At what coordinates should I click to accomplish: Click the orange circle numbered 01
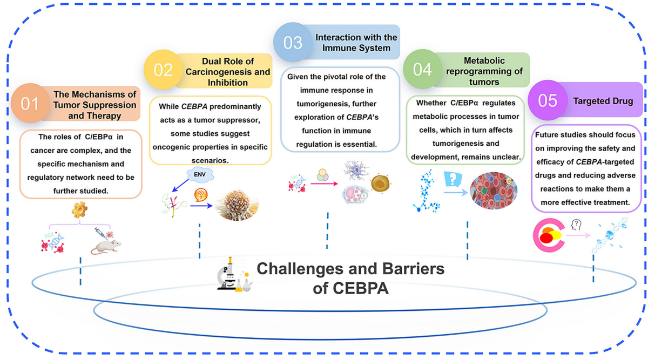pyautogui.click(x=30, y=103)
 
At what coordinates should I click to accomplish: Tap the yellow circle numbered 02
pyautogui.click(x=163, y=70)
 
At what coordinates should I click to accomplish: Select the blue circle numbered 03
pyautogui.click(x=293, y=42)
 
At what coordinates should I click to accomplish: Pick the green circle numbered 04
pyautogui.click(x=422, y=69)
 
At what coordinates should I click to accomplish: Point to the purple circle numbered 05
pyautogui.click(x=548, y=100)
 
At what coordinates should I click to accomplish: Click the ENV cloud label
pyautogui.click(x=200, y=175)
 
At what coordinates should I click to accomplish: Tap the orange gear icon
pyautogui.click(x=79, y=210)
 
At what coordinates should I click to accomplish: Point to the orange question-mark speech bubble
pyautogui.click(x=201, y=195)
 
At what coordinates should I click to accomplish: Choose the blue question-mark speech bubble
pyautogui.click(x=453, y=179)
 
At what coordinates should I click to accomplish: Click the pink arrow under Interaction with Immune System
pyautogui.click(x=324, y=184)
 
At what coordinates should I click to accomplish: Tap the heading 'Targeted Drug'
pyautogui.click(x=603, y=101)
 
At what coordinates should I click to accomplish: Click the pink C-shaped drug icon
pyautogui.click(x=548, y=235)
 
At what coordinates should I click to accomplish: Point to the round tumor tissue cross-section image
pyautogui.click(x=494, y=191)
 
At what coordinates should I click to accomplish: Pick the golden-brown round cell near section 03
pyautogui.click(x=380, y=184)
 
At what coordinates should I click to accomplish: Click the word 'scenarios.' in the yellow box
pyautogui.click(x=210, y=160)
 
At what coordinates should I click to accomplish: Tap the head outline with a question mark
pyautogui.click(x=576, y=225)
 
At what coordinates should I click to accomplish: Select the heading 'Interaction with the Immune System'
pyautogui.click(x=356, y=43)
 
